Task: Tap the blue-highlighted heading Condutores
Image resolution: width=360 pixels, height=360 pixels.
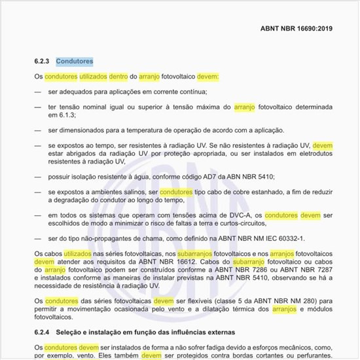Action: coord(74,62)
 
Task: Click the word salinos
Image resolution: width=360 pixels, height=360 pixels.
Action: coord(135,192)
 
